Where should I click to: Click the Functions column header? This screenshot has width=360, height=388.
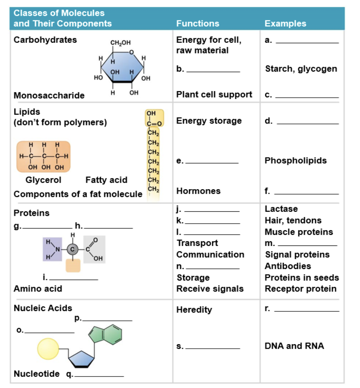click(x=198, y=23)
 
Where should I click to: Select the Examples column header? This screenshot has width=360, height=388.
click(x=285, y=23)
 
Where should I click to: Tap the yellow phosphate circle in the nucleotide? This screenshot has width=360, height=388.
click(x=48, y=349)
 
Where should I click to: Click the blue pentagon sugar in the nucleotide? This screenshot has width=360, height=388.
click(x=81, y=359)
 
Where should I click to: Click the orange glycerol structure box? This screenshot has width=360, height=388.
click(x=43, y=156)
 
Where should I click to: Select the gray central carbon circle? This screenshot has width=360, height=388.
click(x=72, y=249)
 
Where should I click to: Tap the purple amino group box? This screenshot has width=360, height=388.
click(x=52, y=249)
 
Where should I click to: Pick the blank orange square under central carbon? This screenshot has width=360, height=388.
click(x=73, y=266)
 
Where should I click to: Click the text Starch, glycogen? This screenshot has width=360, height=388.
click(x=301, y=69)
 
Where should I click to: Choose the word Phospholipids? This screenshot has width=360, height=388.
click(x=296, y=161)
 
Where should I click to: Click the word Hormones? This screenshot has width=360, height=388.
click(x=198, y=191)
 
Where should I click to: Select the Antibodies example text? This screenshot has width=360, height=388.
click(x=288, y=266)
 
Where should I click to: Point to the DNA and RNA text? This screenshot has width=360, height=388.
click(x=294, y=346)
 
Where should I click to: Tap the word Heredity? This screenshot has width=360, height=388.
click(x=194, y=310)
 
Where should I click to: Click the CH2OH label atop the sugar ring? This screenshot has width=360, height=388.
click(x=121, y=43)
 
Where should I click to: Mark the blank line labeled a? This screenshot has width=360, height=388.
click(x=307, y=43)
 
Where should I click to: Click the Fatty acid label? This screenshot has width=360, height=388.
click(x=106, y=180)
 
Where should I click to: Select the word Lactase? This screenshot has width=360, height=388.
click(x=281, y=209)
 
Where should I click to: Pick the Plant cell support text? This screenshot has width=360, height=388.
click(x=214, y=95)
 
